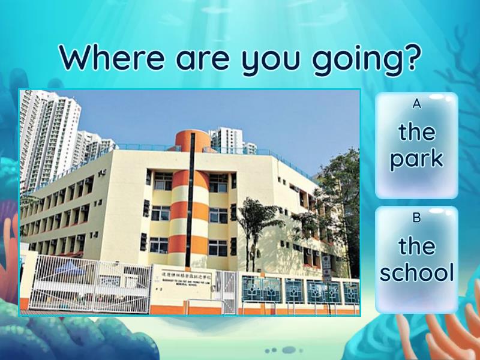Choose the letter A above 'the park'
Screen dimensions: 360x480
[x=416, y=104]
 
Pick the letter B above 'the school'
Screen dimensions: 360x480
[x=416, y=218]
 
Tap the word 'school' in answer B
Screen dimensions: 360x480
[x=416, y=274]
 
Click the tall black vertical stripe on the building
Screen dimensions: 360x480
[x=192, y=198]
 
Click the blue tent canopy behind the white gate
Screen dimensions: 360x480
[x=66, y=268]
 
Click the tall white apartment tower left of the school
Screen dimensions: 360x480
[x=49, y=138]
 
